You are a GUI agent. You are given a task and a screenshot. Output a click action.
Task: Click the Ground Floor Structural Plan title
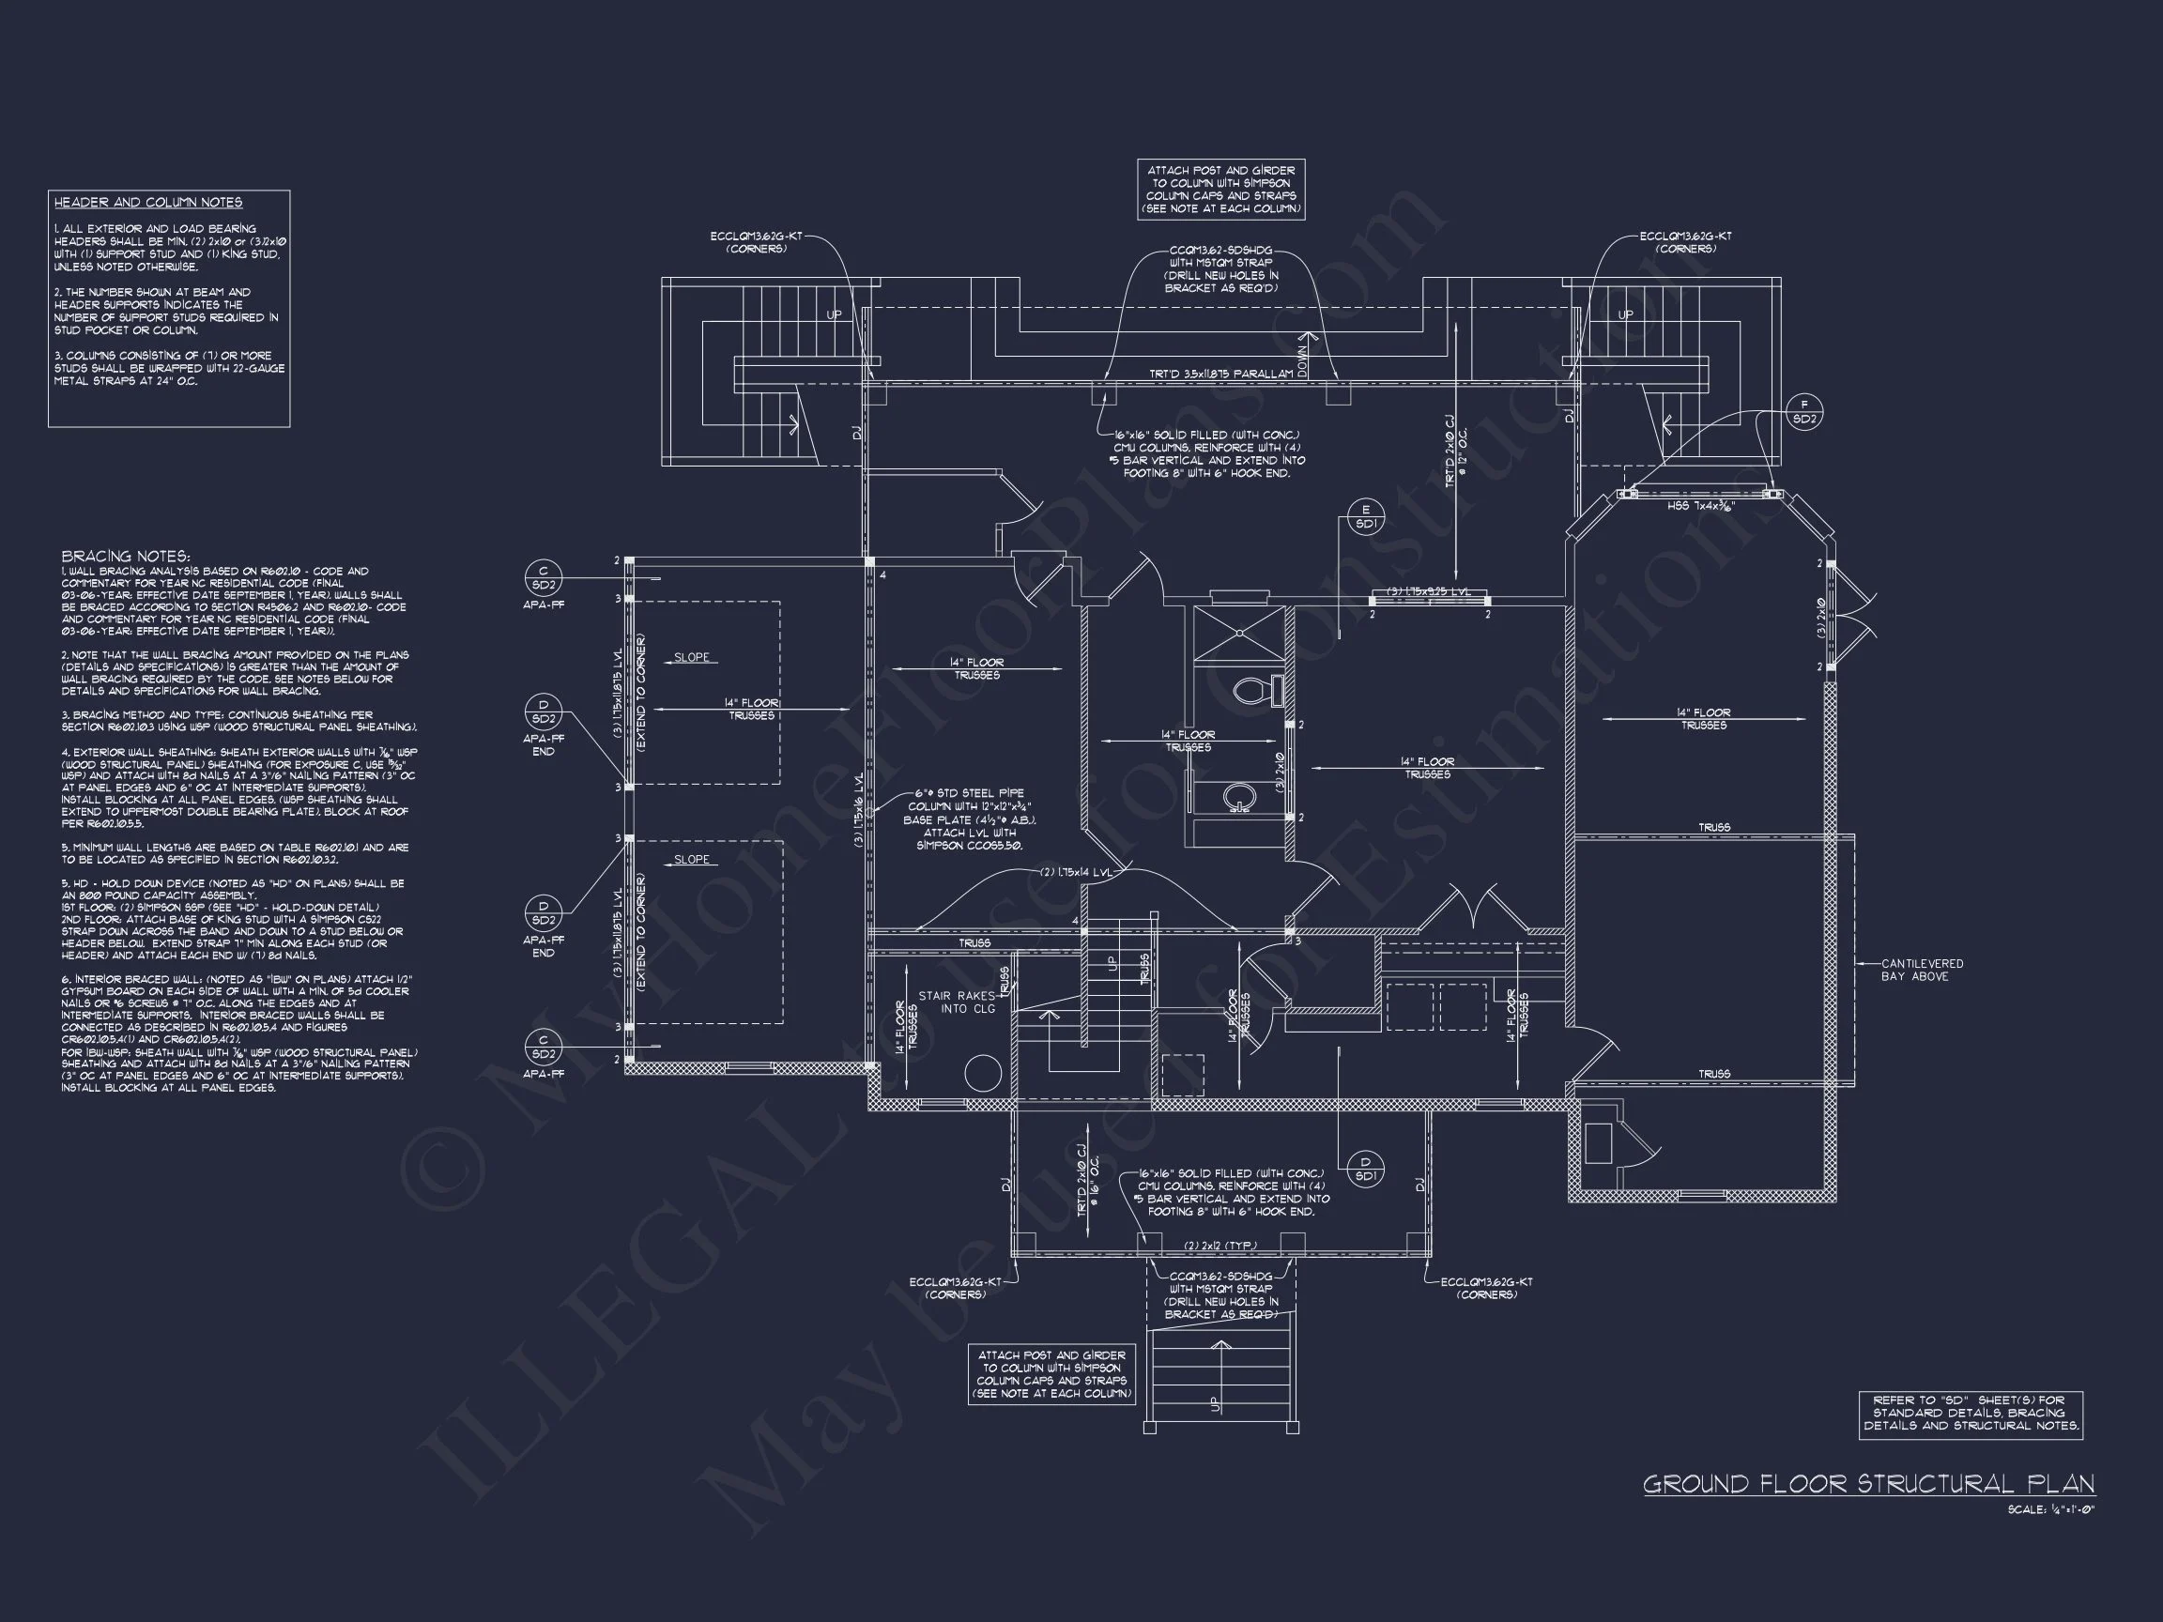pos(1868,1484)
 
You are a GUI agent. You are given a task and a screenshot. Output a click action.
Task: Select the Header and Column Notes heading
pos(148,203)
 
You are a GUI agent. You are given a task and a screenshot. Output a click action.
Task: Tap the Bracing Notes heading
pos(125,556)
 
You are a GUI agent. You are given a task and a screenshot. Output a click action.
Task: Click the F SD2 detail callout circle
pos(1804,413)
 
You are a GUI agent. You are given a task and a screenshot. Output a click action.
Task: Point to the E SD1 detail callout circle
pos(1366,517)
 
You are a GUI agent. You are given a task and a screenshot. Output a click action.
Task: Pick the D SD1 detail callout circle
pos(1365,1169)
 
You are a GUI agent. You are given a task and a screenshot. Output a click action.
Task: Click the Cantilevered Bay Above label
pos(1922,970)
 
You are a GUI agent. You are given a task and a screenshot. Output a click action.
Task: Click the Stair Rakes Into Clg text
pos(956,1002)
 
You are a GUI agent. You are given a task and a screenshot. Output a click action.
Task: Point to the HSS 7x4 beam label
pos(1701,508)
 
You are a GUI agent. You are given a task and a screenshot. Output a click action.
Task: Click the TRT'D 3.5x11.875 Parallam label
pos(1220,375)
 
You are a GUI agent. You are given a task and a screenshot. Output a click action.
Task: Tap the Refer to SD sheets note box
pos(1971,1414)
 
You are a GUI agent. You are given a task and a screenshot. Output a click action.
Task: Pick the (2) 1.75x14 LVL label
pos(1076,872)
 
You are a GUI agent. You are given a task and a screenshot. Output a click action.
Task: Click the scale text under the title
pos(2050,1509)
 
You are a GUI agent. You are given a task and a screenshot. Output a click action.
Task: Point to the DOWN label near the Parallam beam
pos(1301,359)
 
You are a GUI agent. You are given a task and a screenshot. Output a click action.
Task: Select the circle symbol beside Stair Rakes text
pos(983,1073)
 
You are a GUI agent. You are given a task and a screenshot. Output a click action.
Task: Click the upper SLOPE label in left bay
pos(691,657)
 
